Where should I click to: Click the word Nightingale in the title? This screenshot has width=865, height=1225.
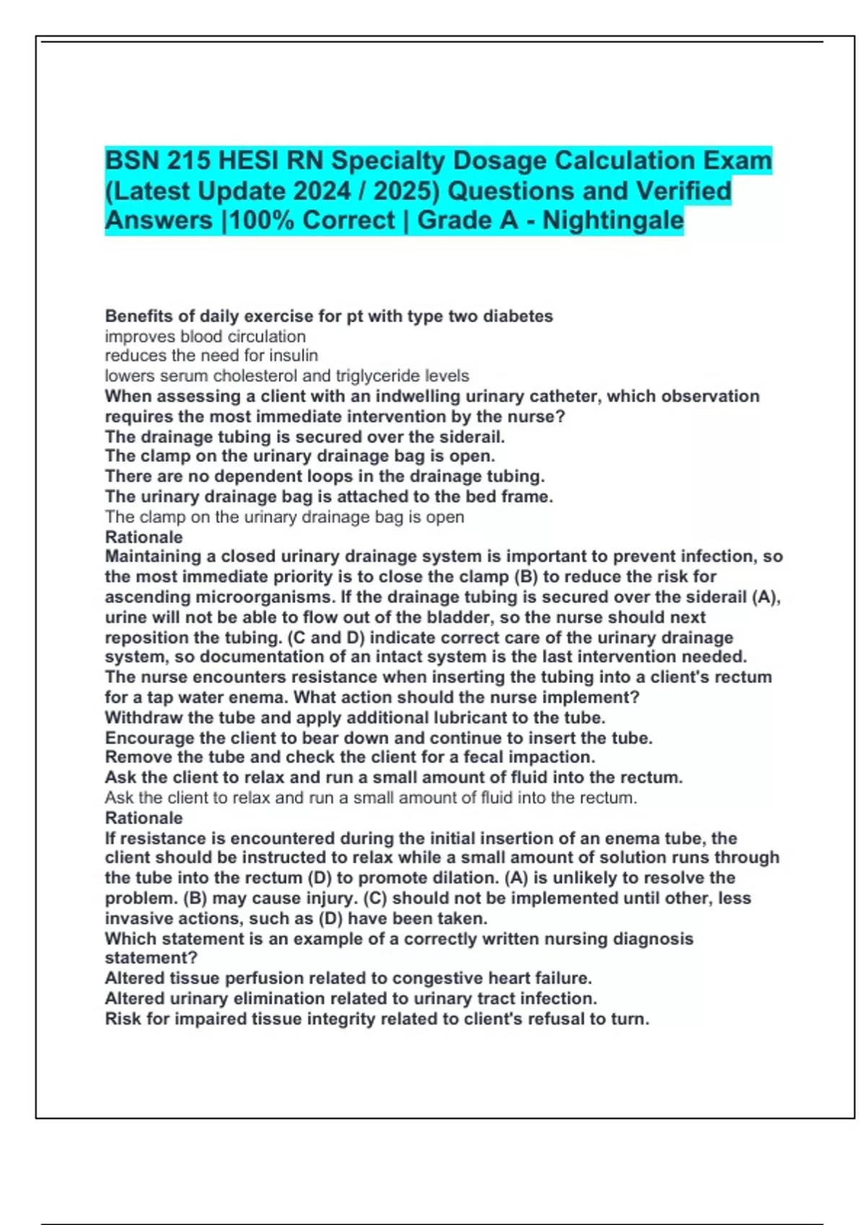pos(613,220)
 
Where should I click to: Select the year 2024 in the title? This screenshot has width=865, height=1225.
pos(321,191)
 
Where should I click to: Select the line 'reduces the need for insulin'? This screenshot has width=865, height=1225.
pos(211,356)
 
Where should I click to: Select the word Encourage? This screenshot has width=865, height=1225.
pos(149,738)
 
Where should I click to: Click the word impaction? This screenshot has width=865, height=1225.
pos(551,757)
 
